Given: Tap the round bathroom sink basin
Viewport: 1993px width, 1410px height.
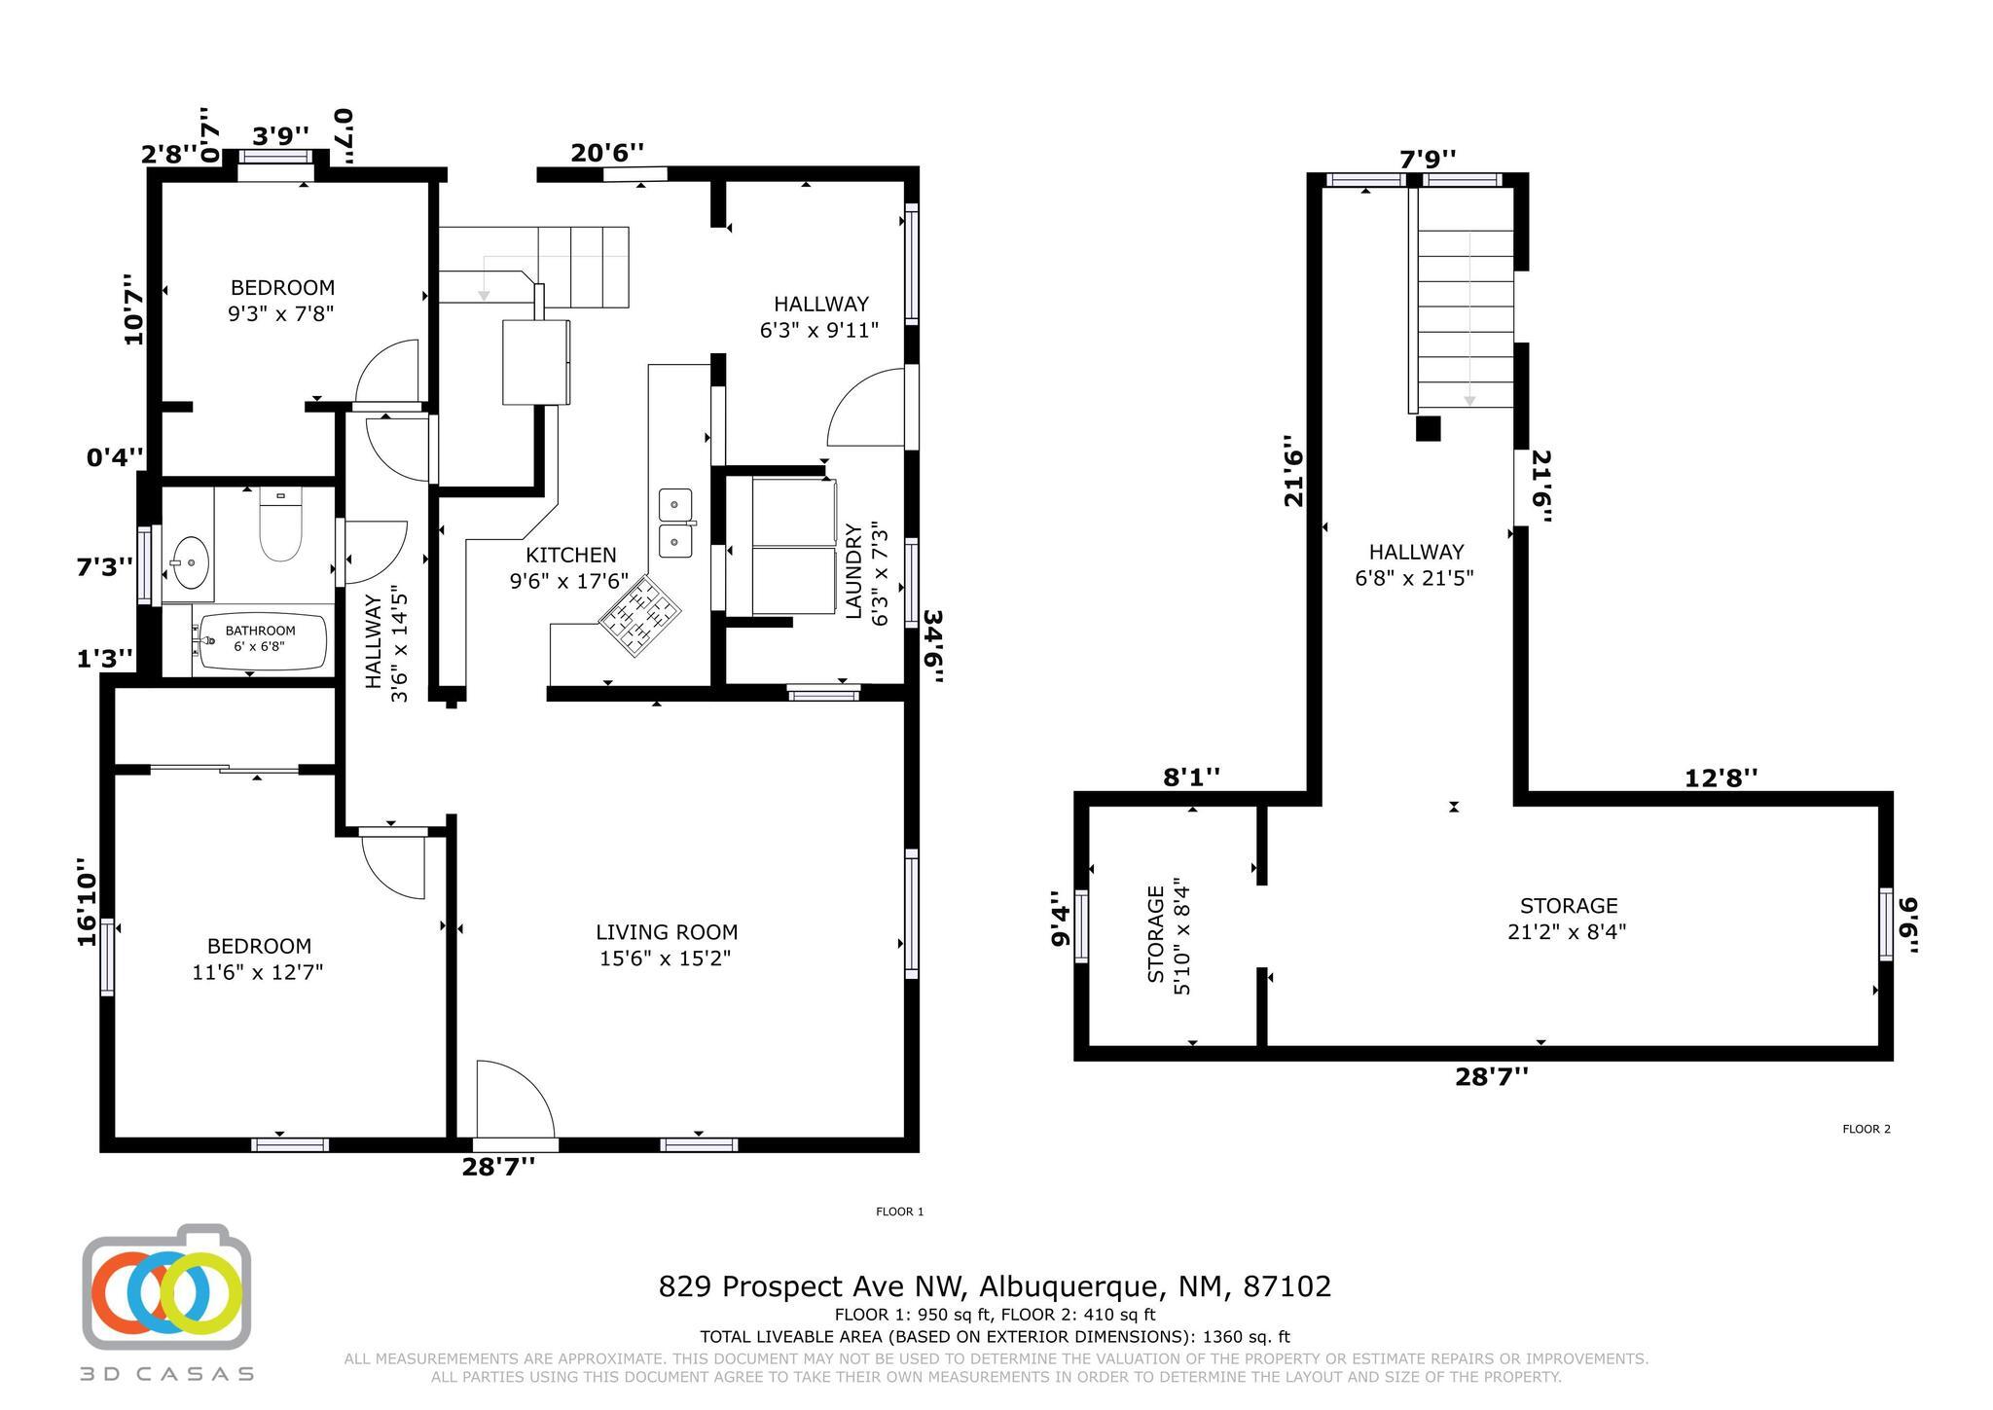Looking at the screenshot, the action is [x=189, y=562].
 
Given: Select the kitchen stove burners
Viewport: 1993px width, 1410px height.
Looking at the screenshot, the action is [x=639, y=615].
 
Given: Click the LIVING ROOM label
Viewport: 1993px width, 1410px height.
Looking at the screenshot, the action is [x=667, y=932].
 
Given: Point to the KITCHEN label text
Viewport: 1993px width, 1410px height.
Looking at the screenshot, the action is [x=571, y=555].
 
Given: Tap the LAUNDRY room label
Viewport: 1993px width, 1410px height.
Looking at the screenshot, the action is [x=854, y=571].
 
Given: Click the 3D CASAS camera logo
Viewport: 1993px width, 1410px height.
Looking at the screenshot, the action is [x=166, y=1286].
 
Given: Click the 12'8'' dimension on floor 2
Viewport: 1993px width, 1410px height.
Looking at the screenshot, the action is [x=1721, y=778].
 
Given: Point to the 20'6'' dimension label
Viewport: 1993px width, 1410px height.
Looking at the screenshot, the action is [x=607, y=153].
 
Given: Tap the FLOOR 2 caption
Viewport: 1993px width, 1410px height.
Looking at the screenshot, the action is [x=1866, y=1129].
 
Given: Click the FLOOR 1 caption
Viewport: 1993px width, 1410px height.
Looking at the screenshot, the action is [x=899, y=1211].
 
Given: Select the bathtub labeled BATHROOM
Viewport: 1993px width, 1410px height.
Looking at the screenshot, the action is [x=262, y=641].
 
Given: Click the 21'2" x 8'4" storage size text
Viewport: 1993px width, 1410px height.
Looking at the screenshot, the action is [x=1567, y=931].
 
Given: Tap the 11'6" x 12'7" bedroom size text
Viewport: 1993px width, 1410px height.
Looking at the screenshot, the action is [x=258, y=971].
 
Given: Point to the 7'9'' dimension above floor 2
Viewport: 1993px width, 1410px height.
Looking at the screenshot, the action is [x=1429, y=158].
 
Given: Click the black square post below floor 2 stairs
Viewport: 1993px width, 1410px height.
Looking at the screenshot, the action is [x=1428, y=429].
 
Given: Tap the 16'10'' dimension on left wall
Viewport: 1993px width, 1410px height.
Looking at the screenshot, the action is [x=88, y=901].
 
